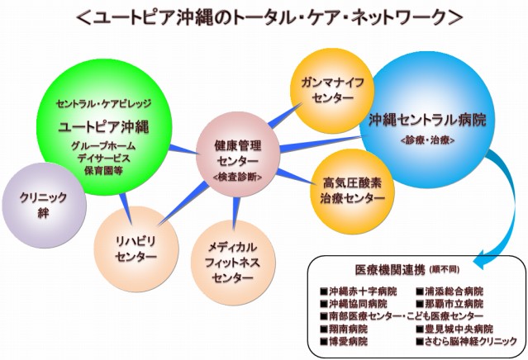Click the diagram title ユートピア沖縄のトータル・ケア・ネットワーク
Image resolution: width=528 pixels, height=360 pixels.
264,16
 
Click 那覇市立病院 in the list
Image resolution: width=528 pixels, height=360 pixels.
454,304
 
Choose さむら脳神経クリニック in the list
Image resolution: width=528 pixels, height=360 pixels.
471,341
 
